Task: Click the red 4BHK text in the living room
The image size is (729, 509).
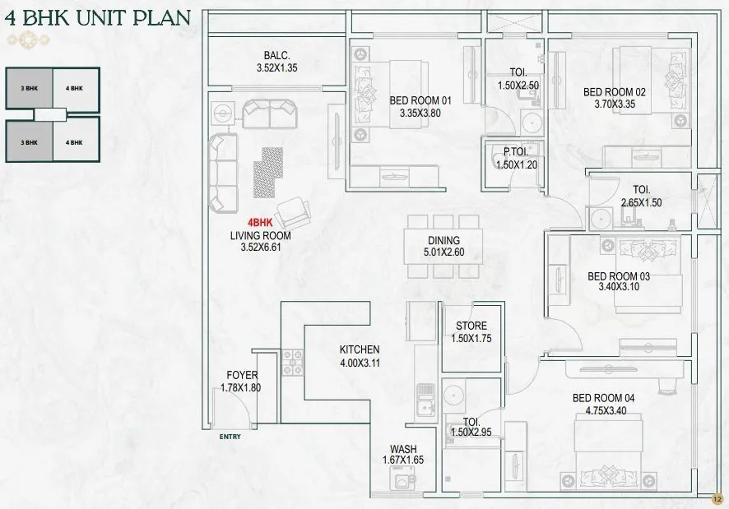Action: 260,223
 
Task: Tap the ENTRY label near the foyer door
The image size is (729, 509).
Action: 230,437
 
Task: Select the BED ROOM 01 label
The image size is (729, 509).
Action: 420,101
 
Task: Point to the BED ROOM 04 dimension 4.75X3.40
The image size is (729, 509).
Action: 603,410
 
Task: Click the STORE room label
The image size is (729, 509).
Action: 471,326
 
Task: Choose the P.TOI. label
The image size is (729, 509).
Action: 516,152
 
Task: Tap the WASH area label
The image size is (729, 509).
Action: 403,449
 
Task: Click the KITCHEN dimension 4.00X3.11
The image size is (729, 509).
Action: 359,362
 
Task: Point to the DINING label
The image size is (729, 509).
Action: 443,241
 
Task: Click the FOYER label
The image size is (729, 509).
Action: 241,376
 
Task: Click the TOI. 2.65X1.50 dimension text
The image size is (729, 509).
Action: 642,202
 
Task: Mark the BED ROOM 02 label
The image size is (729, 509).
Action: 615,92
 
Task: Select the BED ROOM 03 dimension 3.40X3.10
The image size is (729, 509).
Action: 618,289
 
